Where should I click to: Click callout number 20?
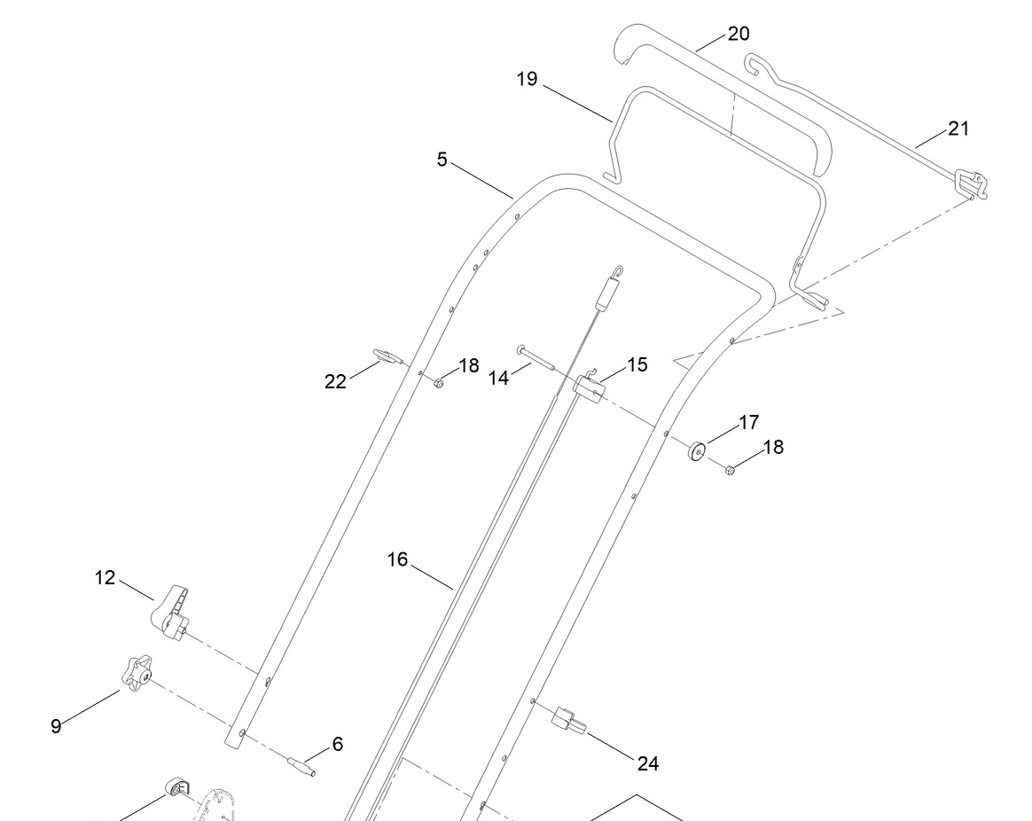(739, 35)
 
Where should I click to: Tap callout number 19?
(528, 79)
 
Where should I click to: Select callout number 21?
(958, 129)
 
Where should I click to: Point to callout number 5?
(442, 160)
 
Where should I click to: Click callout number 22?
(335, 381)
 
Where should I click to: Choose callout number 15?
(637, 364)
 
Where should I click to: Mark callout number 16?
(397, 559)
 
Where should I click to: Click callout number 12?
(106, 578)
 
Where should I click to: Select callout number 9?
(56, 725)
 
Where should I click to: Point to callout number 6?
(337, 745)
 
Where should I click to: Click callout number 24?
(647, 762)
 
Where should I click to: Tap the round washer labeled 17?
(697, 450)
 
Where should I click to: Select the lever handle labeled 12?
(173, 612)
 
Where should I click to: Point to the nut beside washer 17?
(731, 468)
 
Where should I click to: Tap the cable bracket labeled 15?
(589, 387)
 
